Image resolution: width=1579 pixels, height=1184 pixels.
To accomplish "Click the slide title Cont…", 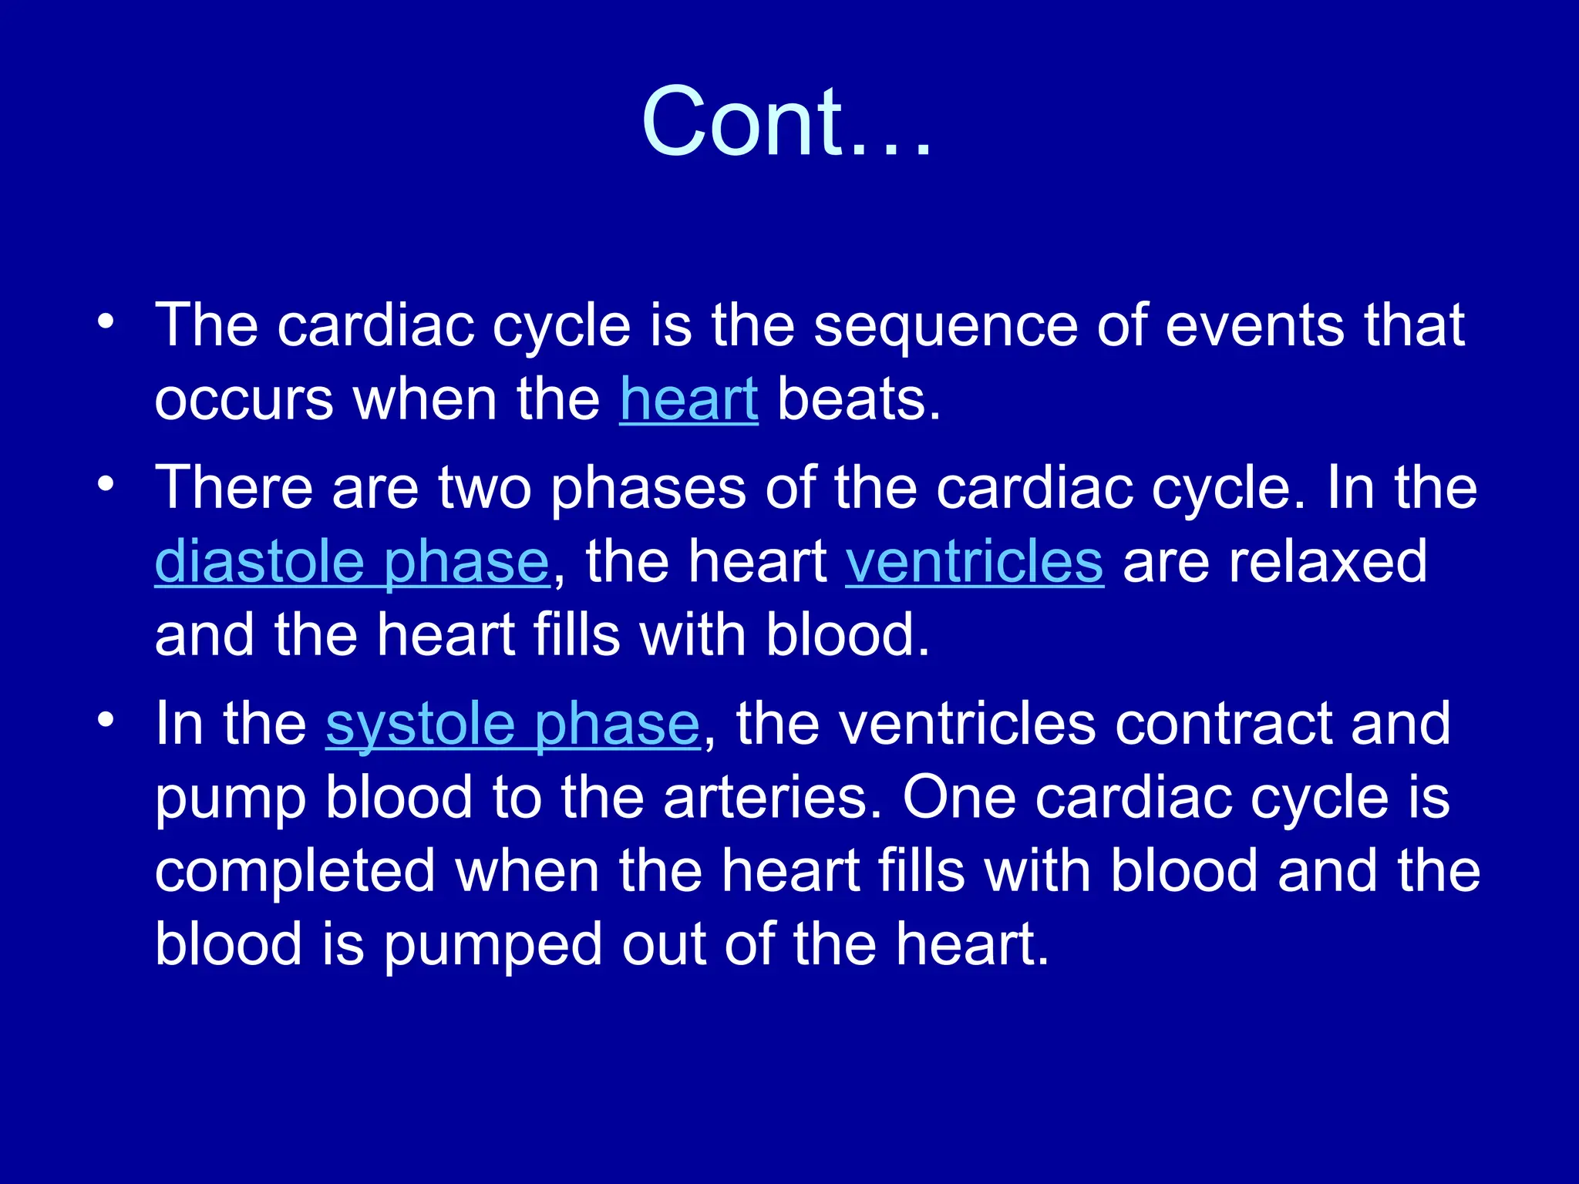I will pos(786,122).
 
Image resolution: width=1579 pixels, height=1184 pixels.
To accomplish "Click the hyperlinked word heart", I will pos(688,399).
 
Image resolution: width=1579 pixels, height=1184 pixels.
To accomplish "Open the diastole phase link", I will pos(352,561).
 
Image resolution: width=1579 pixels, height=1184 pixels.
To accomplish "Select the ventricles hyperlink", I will pos(975,561).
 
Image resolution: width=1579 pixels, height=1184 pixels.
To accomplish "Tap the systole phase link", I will pos(513,724).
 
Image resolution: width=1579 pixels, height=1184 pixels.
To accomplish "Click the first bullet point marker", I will pos(106,321).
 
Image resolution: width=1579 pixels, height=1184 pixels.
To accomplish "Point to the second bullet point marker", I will pos(106,483).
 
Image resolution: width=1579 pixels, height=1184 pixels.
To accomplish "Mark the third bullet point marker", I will pos(106,720).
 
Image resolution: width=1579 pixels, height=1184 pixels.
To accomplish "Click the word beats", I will pos(859,399).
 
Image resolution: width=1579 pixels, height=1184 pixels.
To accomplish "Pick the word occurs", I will pos(244,401).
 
